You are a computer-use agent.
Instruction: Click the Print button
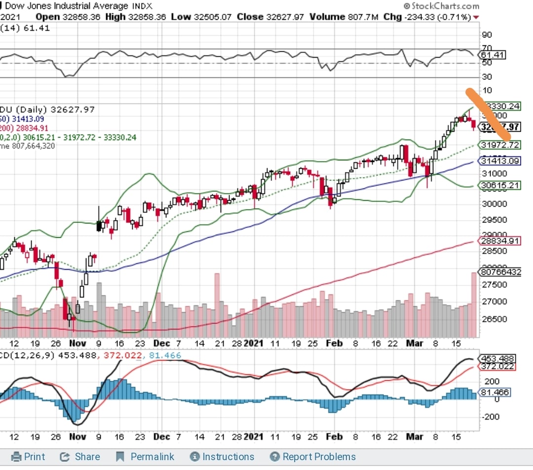29,457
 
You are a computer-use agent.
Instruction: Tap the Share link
81,457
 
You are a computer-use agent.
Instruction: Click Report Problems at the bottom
313,457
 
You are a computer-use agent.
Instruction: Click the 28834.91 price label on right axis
500,241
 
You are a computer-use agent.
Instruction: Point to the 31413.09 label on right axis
500,161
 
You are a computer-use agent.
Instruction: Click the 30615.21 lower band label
500,185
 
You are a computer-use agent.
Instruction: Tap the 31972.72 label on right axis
500,145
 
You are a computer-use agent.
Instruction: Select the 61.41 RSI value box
492,55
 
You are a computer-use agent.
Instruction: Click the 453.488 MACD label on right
500,359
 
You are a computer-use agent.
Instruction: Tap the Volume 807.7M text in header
344,16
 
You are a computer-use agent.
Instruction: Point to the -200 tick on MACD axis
491,417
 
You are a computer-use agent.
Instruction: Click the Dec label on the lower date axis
161,436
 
